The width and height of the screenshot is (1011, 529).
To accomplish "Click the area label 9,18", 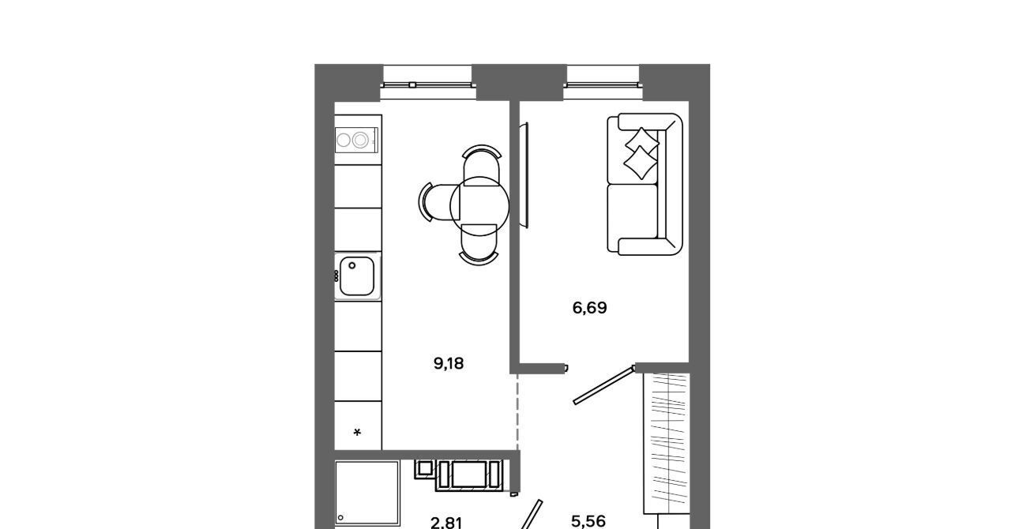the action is pyautogui.click(x=449, y=363).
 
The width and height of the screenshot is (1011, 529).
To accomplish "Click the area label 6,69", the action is pyautogui.click(x=589, y=308).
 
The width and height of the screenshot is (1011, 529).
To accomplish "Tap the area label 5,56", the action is pyautogui.click(x=588, y=521).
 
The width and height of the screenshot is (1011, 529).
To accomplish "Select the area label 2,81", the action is pyautogui.click(x=446, y=523).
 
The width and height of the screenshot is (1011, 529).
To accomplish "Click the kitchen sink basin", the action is pyautogui.click(x=356, y=276).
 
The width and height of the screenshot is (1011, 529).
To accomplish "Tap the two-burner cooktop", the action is pyautogui.click(x=356, y=140).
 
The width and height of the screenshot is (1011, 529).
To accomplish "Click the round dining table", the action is pyautogui.click(x=479, y=206).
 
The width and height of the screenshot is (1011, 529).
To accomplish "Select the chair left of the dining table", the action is pyautogui.click(x=438, y=202).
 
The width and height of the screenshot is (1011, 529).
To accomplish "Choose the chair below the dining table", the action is pyautogui.click(x=479, y=244).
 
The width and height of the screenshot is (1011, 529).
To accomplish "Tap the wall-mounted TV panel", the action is pyautogui.click(x=524, y=175).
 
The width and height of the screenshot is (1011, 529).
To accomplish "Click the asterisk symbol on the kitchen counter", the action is pyautogui.click(x=357, y=433).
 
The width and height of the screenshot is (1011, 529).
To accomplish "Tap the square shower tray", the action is pyautogui.click(x=367, y=494).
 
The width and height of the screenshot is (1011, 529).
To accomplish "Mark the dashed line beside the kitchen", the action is pyautogui.click(x=517, y=411).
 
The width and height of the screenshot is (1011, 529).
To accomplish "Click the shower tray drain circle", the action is pyautogui.click(x=340, y=518).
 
